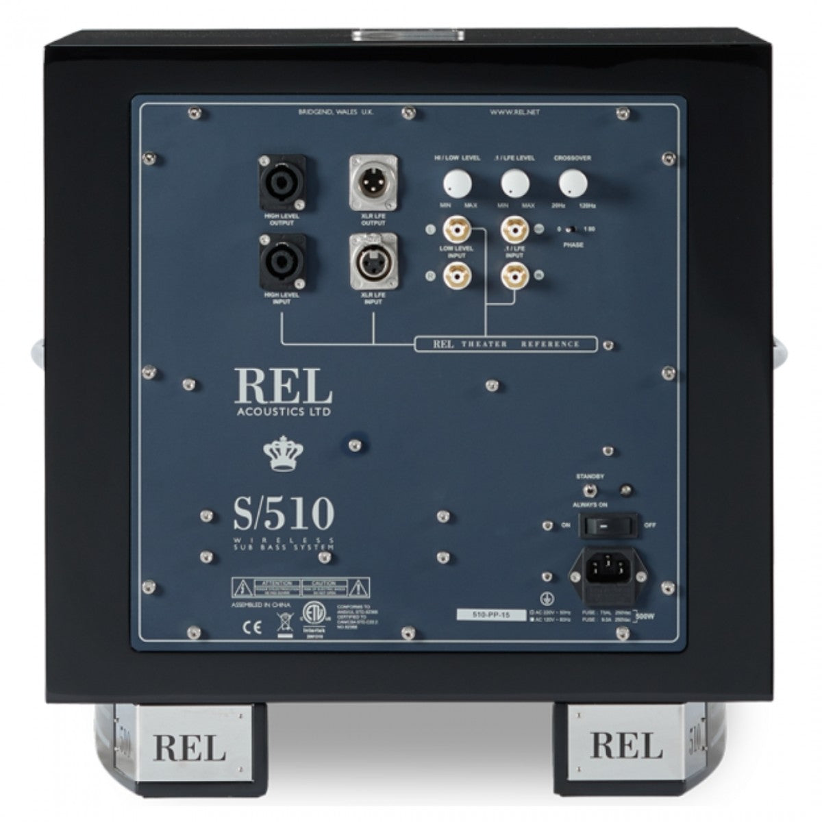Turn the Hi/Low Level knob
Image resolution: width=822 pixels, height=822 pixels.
click(458, 184)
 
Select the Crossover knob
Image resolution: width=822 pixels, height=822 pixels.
click(573, 184)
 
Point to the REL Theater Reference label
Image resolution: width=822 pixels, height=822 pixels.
click(505, 344)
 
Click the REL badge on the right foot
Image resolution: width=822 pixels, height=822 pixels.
click(625, 745)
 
